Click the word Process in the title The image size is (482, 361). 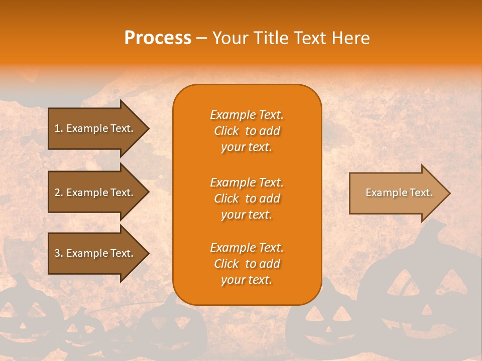point(158,38)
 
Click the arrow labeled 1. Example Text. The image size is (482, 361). point(95,128)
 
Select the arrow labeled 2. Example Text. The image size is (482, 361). point(95,193)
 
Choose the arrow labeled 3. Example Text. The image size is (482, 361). point(95,253)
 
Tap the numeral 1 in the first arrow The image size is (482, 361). point(57,128)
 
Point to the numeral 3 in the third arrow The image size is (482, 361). point(57,253)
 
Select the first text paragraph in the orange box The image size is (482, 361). point(247,131)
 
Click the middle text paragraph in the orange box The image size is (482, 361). point(247,199)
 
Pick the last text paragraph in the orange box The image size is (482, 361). point(247,264)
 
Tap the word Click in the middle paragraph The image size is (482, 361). point(226,199)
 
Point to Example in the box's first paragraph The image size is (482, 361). point(231,115)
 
